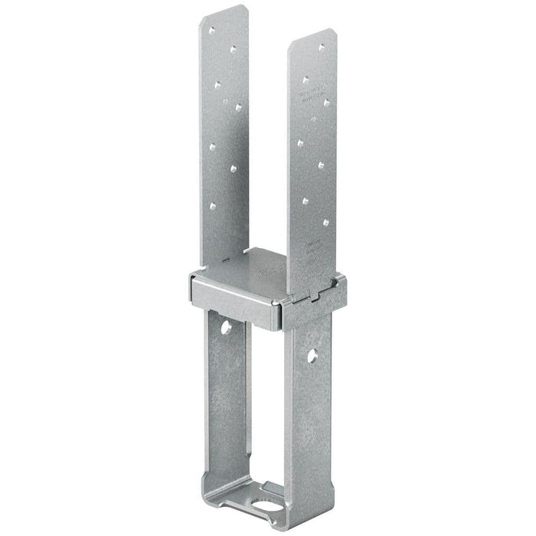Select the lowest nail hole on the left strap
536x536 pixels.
(x=215, y=204)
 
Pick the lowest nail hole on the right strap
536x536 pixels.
(x=326, y=223)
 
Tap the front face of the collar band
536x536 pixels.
(x=230, y=299)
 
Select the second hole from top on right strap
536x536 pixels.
(x=306, y=78)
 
